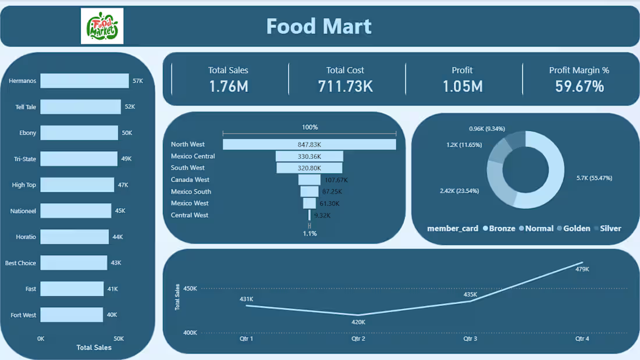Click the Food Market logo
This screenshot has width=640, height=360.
(102, 26)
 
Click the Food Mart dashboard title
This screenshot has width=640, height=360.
(319, 26)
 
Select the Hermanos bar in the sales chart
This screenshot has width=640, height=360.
(84, 81)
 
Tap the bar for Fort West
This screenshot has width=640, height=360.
(72, 315)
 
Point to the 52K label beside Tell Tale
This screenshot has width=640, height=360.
(130, 107)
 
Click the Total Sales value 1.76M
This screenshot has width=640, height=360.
(228, 86)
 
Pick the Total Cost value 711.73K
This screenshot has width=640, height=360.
(345, 86)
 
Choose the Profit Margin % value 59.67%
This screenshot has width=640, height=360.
(579, 86)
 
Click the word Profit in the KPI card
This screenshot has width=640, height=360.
(462, 70)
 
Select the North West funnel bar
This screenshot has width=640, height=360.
(309, 144)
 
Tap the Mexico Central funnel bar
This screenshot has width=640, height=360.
(309, 156)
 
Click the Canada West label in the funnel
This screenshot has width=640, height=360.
(190, 180)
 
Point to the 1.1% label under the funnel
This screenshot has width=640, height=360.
(310, 233)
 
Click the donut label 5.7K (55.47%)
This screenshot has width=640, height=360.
(593, 178)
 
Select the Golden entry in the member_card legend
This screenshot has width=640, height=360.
(576, 229)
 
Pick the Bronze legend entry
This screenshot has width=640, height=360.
(502, 229)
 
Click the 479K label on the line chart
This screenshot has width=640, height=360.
(582, 269)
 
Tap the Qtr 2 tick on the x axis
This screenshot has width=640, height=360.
(358, 338)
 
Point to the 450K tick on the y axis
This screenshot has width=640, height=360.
(190, 288)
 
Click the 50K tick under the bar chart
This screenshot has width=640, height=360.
(118, 338)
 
